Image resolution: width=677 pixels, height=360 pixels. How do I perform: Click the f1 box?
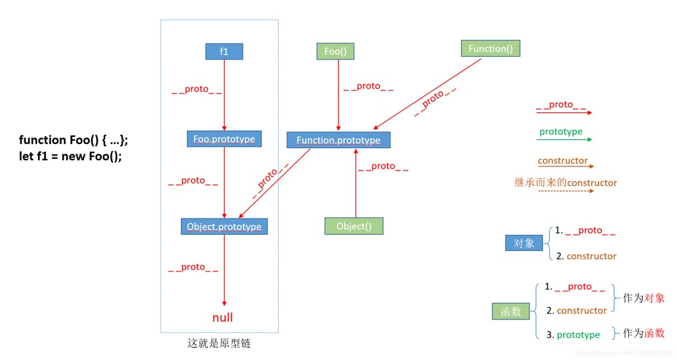click(224, 51)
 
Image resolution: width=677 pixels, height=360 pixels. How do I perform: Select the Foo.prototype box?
click(224, 139)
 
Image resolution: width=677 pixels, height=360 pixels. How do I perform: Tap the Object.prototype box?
click(224, 226)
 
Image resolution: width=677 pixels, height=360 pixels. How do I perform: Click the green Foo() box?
click(335, 51)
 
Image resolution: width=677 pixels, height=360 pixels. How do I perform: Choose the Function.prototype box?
click(338, 140)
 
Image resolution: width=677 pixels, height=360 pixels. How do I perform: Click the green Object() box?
click(354, 226)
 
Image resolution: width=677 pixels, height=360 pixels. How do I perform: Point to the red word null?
click(223, 317)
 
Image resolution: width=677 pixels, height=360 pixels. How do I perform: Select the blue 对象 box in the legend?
click(525, 243)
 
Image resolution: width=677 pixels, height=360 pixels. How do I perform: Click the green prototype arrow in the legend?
click(564, 139)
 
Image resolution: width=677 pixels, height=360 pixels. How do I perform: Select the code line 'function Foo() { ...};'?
click(73, 140)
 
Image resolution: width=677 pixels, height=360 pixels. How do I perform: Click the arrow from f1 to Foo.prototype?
click(224, 95)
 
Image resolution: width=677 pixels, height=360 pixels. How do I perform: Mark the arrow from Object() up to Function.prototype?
click(355, 183)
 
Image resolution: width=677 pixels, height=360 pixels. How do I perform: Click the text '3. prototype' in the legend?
click(573, 334)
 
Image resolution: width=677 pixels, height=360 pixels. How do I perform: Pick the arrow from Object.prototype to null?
click(224, 271)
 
